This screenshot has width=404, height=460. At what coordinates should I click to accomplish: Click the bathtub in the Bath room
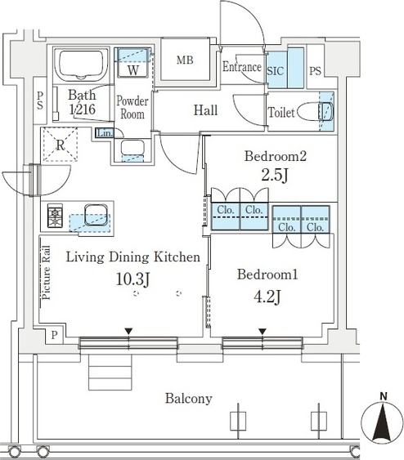click(82, 64)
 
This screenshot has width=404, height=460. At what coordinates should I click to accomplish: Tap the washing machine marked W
click(133, 63)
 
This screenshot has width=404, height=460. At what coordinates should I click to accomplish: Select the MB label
click(185, 60)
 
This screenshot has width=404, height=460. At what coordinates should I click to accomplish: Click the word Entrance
click(241, 67)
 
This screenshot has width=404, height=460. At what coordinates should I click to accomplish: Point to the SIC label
click(276, 71)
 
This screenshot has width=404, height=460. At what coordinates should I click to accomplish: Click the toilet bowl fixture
click(316, 111)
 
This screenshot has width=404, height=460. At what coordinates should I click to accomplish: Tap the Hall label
click(205, 110)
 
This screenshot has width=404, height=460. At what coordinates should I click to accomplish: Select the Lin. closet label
click(105, 133)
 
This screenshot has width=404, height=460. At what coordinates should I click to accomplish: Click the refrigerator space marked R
click(61, 144)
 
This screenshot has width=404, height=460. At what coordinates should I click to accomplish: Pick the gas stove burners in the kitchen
click(55, 216)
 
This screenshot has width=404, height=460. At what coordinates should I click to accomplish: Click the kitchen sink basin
click(96, 215)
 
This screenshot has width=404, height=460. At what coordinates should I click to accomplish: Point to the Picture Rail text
click(46, 273)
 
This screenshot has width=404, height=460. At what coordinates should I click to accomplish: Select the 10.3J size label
click(133, 279)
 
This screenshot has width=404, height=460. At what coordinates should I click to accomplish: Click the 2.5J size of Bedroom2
click(275, 176)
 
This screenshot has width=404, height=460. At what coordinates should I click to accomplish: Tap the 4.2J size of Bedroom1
click(267, 297)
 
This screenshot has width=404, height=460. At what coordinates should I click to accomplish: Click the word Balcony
click(188, 399)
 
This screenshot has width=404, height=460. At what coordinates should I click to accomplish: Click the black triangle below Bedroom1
click(263, 332)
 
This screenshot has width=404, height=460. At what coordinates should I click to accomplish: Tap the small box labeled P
click(54, 335)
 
